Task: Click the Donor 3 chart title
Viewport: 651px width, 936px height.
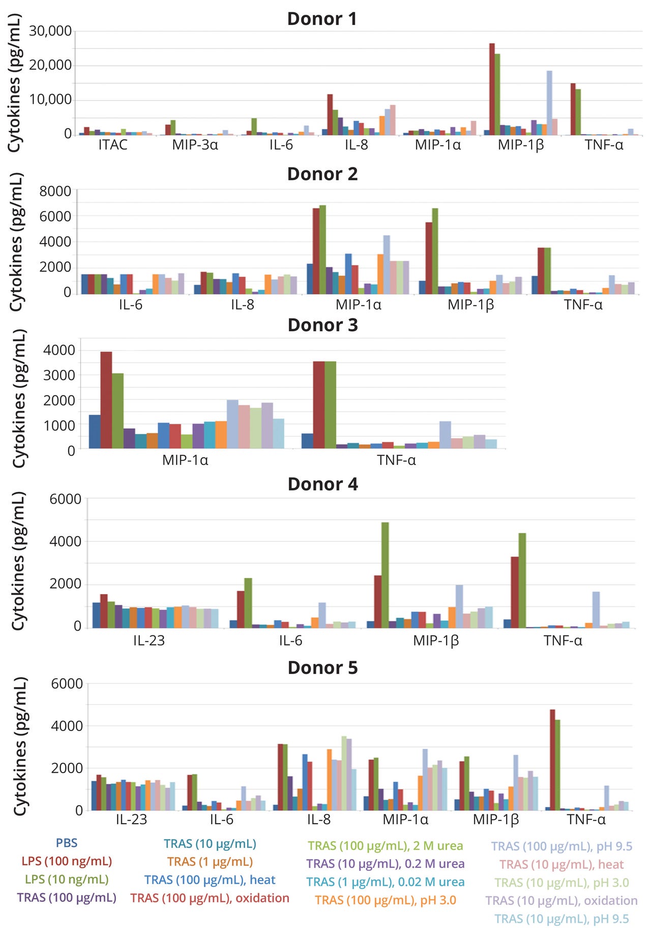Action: tap(322, 325)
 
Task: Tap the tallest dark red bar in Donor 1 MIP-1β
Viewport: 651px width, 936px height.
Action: tap(492, 89)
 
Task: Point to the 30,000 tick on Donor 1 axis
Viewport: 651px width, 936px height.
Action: tap(50, 31)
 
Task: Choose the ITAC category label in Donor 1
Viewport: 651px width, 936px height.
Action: tap(113, 145)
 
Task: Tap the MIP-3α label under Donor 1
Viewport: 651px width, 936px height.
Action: tap(195, 145)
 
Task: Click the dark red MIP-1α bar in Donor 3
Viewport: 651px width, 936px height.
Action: tap(106, 400)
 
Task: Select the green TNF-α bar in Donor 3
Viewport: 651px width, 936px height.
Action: tap(330, 405)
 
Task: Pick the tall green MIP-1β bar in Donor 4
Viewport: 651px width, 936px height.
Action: tap(385, 575)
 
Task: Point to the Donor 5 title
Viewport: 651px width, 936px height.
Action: tap(322, 668)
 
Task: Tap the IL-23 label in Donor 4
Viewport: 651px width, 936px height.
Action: tap(149, 640)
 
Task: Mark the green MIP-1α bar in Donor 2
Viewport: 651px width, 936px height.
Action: tap(322, 249)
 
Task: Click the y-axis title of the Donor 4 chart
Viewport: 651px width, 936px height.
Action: tap(18, 561)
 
